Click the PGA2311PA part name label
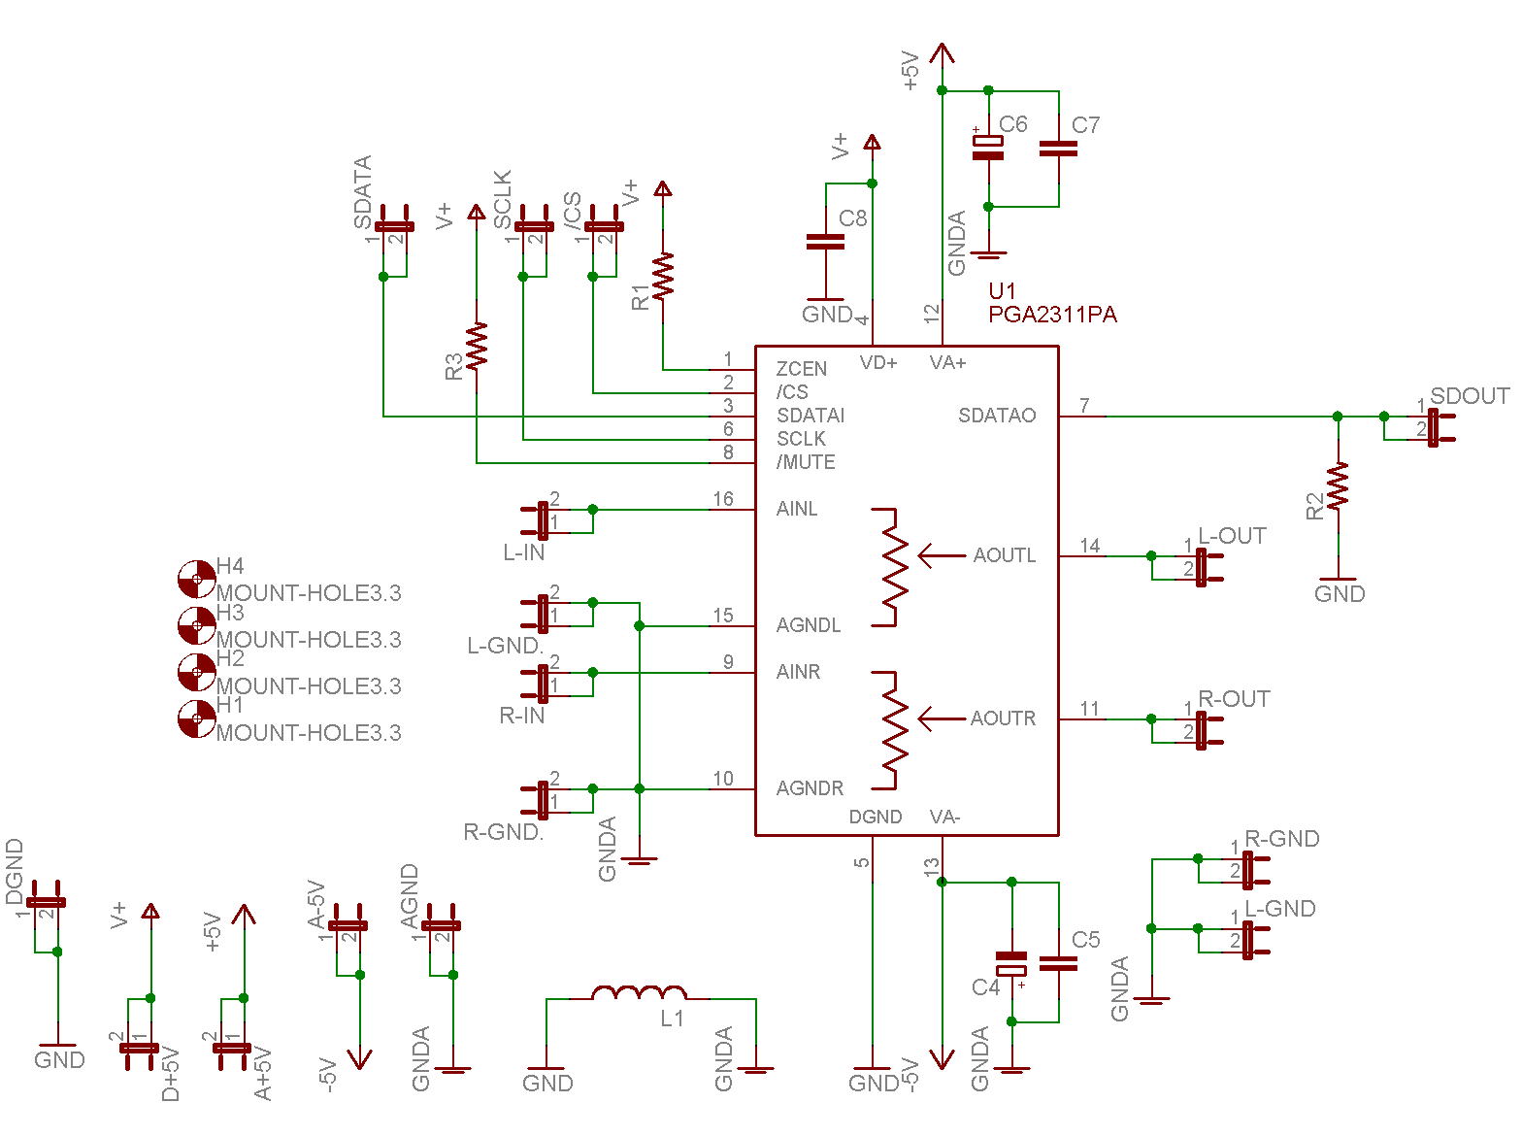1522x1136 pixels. click(x=1052, y=315)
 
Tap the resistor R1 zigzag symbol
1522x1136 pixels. click(x=664, y=276)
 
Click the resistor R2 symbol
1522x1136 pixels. click(x=1339, y=486)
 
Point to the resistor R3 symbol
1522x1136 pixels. click(x=477, y=346)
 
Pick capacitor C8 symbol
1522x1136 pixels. click(x=825, y=241)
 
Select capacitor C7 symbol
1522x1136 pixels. click(x=1058, y=149)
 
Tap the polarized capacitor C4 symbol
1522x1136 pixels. click(x=1011, y=963)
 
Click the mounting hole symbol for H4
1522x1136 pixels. click(x=197, y=580)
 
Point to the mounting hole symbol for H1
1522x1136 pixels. click(x=197, y=719)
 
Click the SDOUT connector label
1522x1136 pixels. click(x=1470, y=396)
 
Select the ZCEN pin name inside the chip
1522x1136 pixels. click(x=802, y=369)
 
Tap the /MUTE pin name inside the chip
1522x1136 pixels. click(x=806, y=462)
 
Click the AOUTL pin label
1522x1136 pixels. click(x=1005, y=555)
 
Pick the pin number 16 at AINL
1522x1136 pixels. click(x=723, y=499)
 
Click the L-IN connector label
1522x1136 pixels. click(x=523, y=552)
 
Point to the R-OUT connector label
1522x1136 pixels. click(x=1234, y=699)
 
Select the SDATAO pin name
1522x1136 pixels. click(x=997, y=416)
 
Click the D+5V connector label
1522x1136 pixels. click(x=171, y=1073)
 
